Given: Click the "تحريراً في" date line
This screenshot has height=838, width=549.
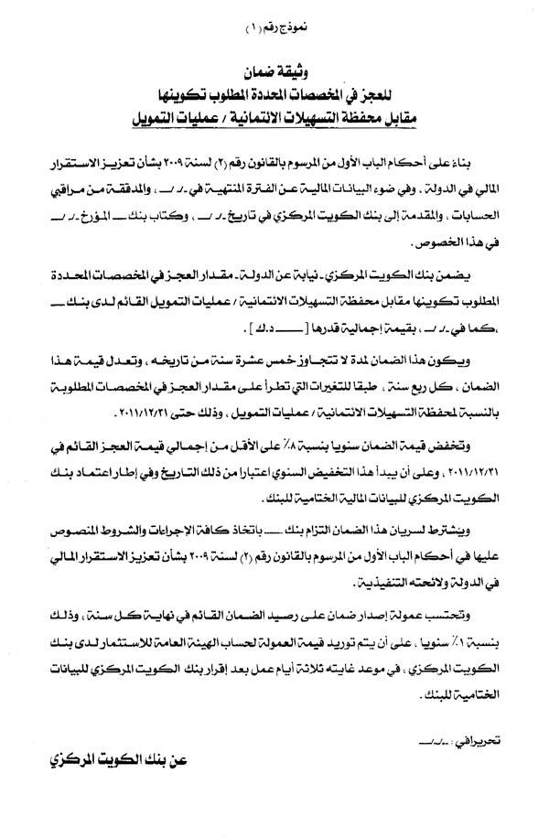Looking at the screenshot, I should tap(457, 721).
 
